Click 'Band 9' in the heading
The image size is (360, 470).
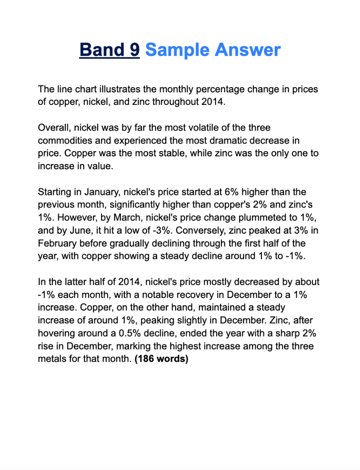coord(109,50)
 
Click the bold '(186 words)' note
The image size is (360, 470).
coord(161,359)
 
